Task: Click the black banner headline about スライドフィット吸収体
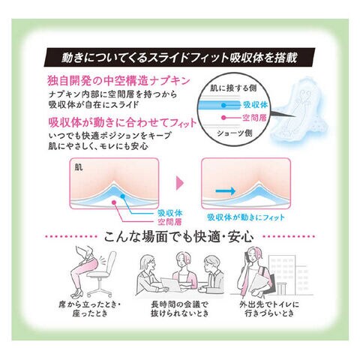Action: point(179,58)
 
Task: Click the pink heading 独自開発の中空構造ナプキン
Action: point(119,81)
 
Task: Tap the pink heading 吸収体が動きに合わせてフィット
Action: point(122,122)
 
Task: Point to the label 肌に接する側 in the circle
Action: point(233,88)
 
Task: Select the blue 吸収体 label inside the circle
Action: point(255,105)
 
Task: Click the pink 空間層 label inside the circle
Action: point(254,118)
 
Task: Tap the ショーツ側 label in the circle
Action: point(235,133)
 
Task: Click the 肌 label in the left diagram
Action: point(79,167)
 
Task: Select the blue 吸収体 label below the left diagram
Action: point(170,213)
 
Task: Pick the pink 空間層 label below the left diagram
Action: point(170,222)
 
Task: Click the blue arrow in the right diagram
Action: point(225,191)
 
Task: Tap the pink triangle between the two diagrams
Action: point(180,183)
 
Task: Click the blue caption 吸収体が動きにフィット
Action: point(246,217)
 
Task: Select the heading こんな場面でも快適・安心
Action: point(178,236)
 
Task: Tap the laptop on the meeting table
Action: point(170,285)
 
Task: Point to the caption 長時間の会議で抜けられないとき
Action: point(179,309)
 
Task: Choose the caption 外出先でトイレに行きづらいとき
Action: point(269,309)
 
